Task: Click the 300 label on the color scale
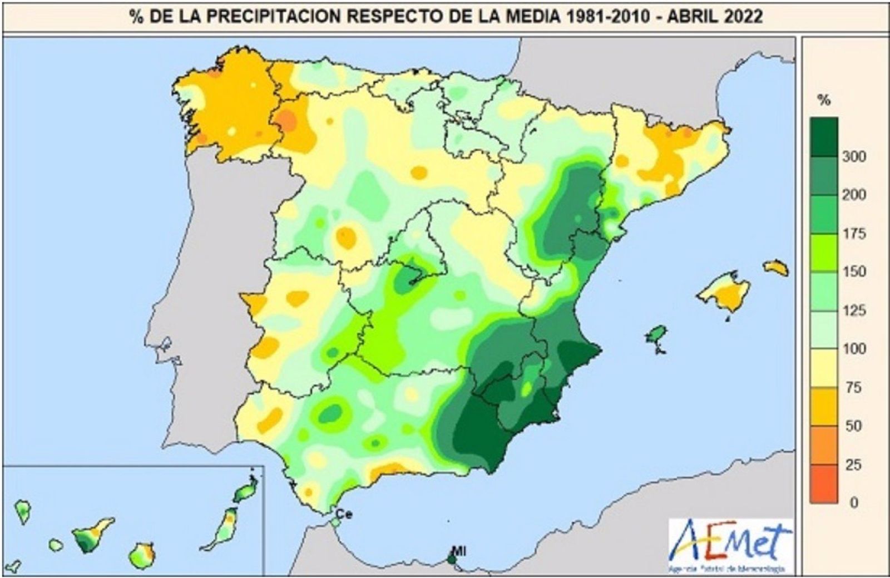[x=854, y=156]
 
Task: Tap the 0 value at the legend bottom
[x=854, y=502]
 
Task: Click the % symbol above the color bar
[x=824, y=101]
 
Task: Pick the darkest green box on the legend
[x=824, y=137]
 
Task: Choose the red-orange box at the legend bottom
[x=824, y=483]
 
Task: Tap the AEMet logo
[x=730, y=545]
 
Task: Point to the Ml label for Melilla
[x=458, y=551]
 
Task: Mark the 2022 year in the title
[x=743, y=17]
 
